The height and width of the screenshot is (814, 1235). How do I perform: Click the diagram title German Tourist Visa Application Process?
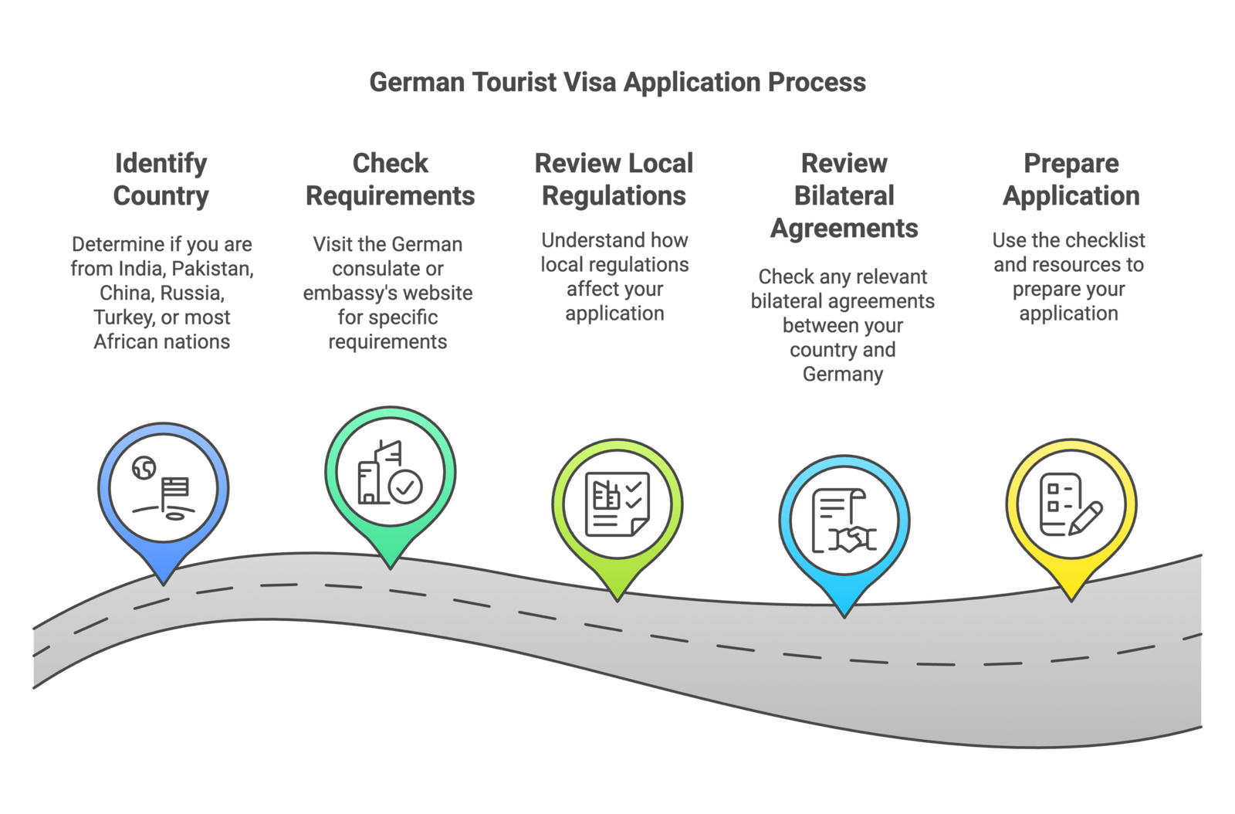pos(617,82)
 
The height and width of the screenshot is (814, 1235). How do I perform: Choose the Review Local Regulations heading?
pos(614,179)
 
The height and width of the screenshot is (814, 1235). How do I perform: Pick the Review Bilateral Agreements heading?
pos(844,195)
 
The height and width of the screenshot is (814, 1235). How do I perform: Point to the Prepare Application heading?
pos(1071,179)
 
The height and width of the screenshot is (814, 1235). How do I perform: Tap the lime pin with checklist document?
pos(617,506)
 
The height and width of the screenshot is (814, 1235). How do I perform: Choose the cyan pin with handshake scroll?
pos(844,522)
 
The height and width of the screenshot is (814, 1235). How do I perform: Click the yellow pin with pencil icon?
pos(1071,506)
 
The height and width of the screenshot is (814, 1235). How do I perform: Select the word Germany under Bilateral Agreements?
pos(843,375)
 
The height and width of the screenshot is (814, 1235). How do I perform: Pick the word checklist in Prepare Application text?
pos(1108,241)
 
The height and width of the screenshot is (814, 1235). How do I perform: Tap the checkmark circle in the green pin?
pos(406,487)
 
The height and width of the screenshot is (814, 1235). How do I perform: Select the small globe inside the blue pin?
pos(144,466)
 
